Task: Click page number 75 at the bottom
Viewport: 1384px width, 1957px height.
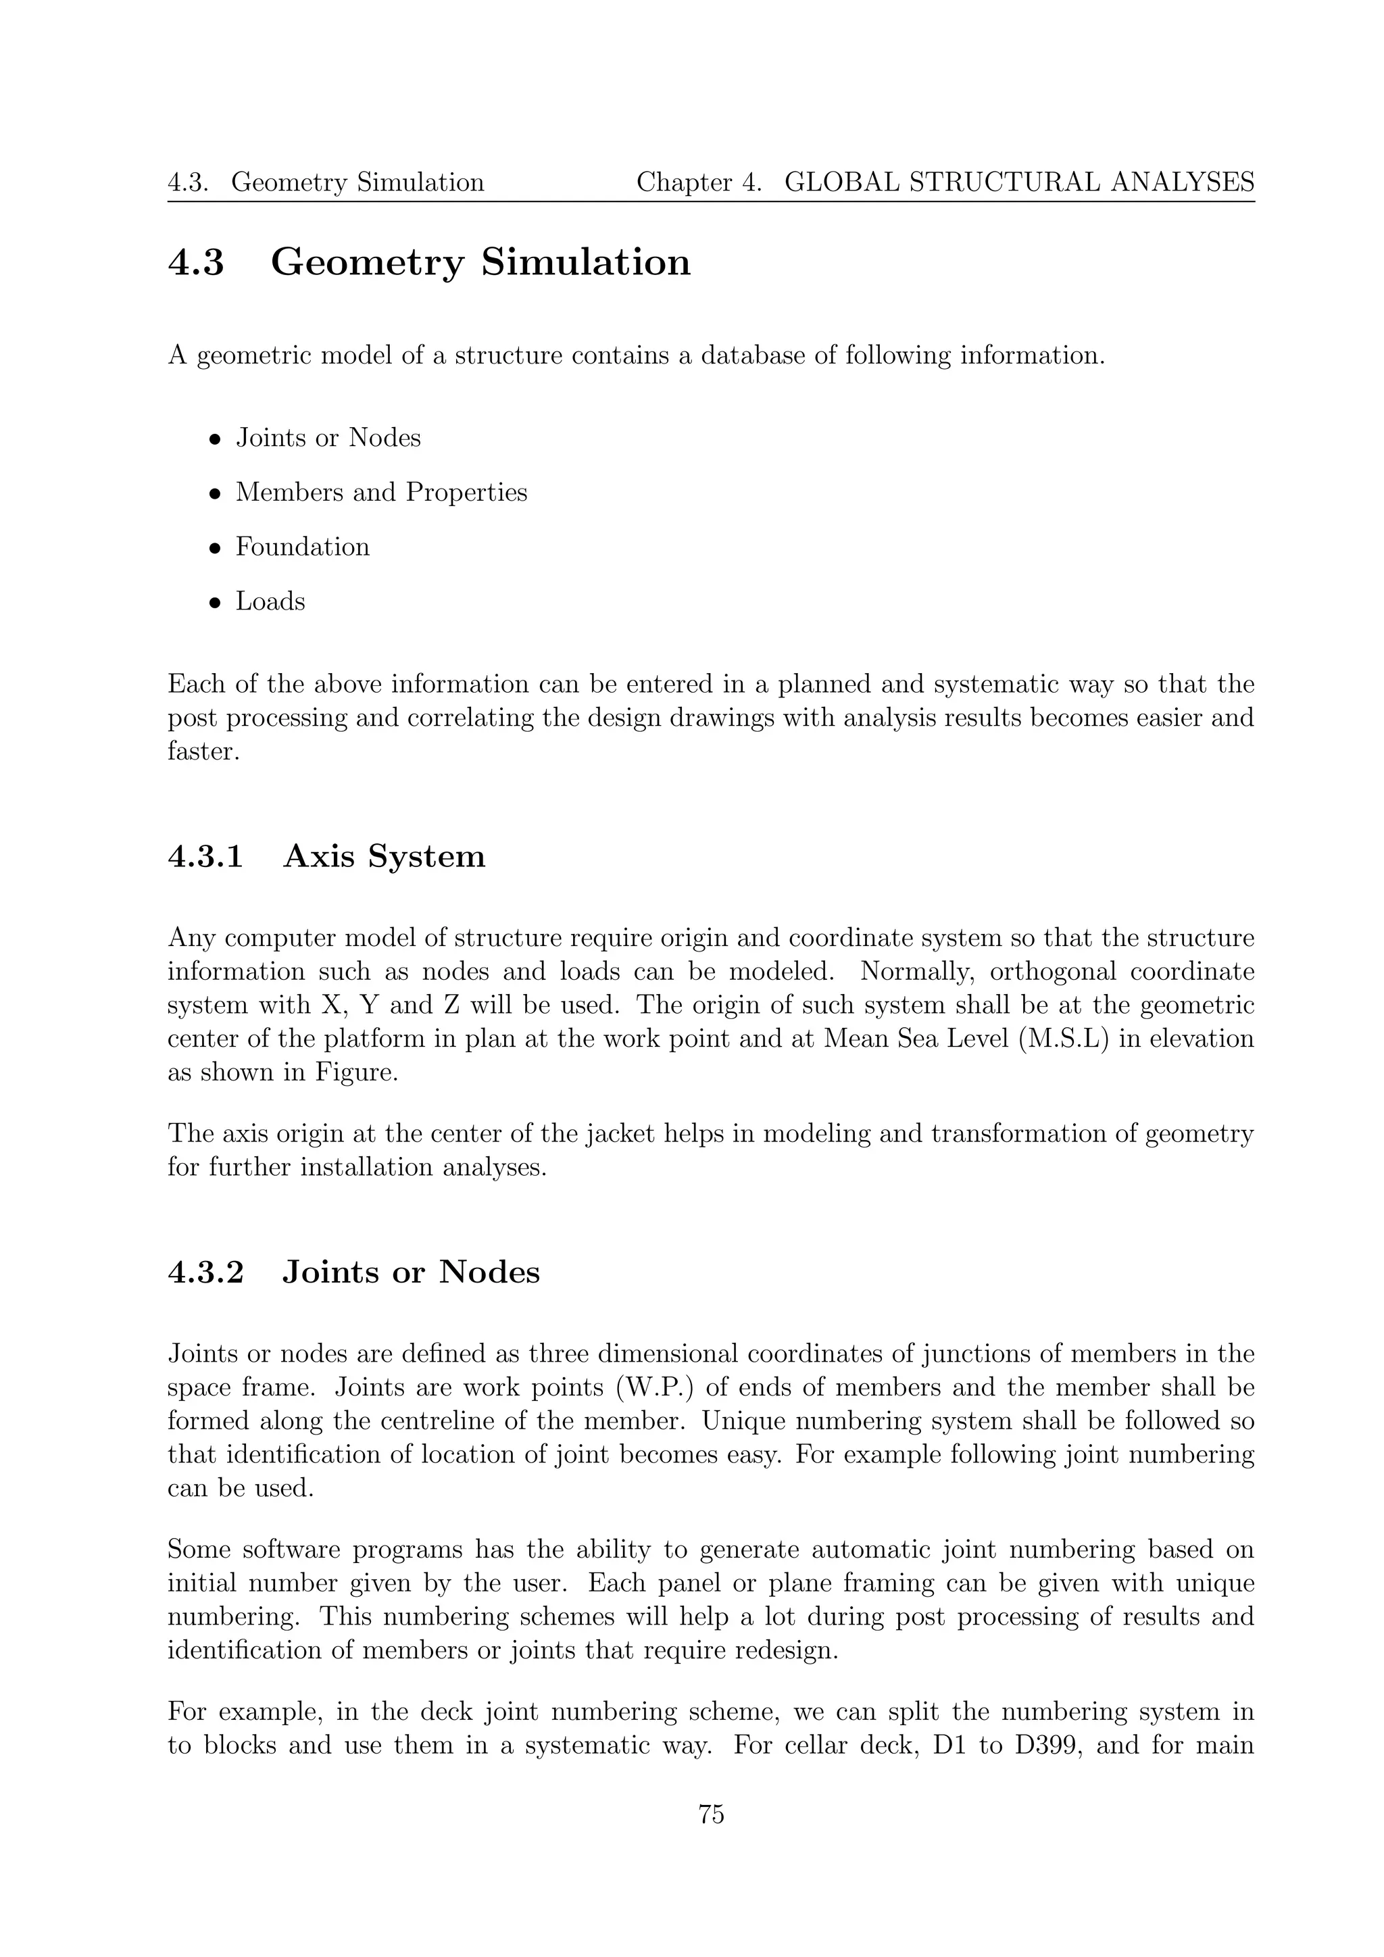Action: coord(711,1814)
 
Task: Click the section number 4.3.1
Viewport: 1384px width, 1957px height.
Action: coord(205,857)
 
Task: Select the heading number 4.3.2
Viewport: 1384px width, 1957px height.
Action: coord(205,1272)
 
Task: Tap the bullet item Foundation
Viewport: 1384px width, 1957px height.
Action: coord(303,547)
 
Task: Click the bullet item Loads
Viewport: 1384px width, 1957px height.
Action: coord(270,601)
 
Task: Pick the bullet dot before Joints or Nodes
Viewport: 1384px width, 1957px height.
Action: coord(216,441)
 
